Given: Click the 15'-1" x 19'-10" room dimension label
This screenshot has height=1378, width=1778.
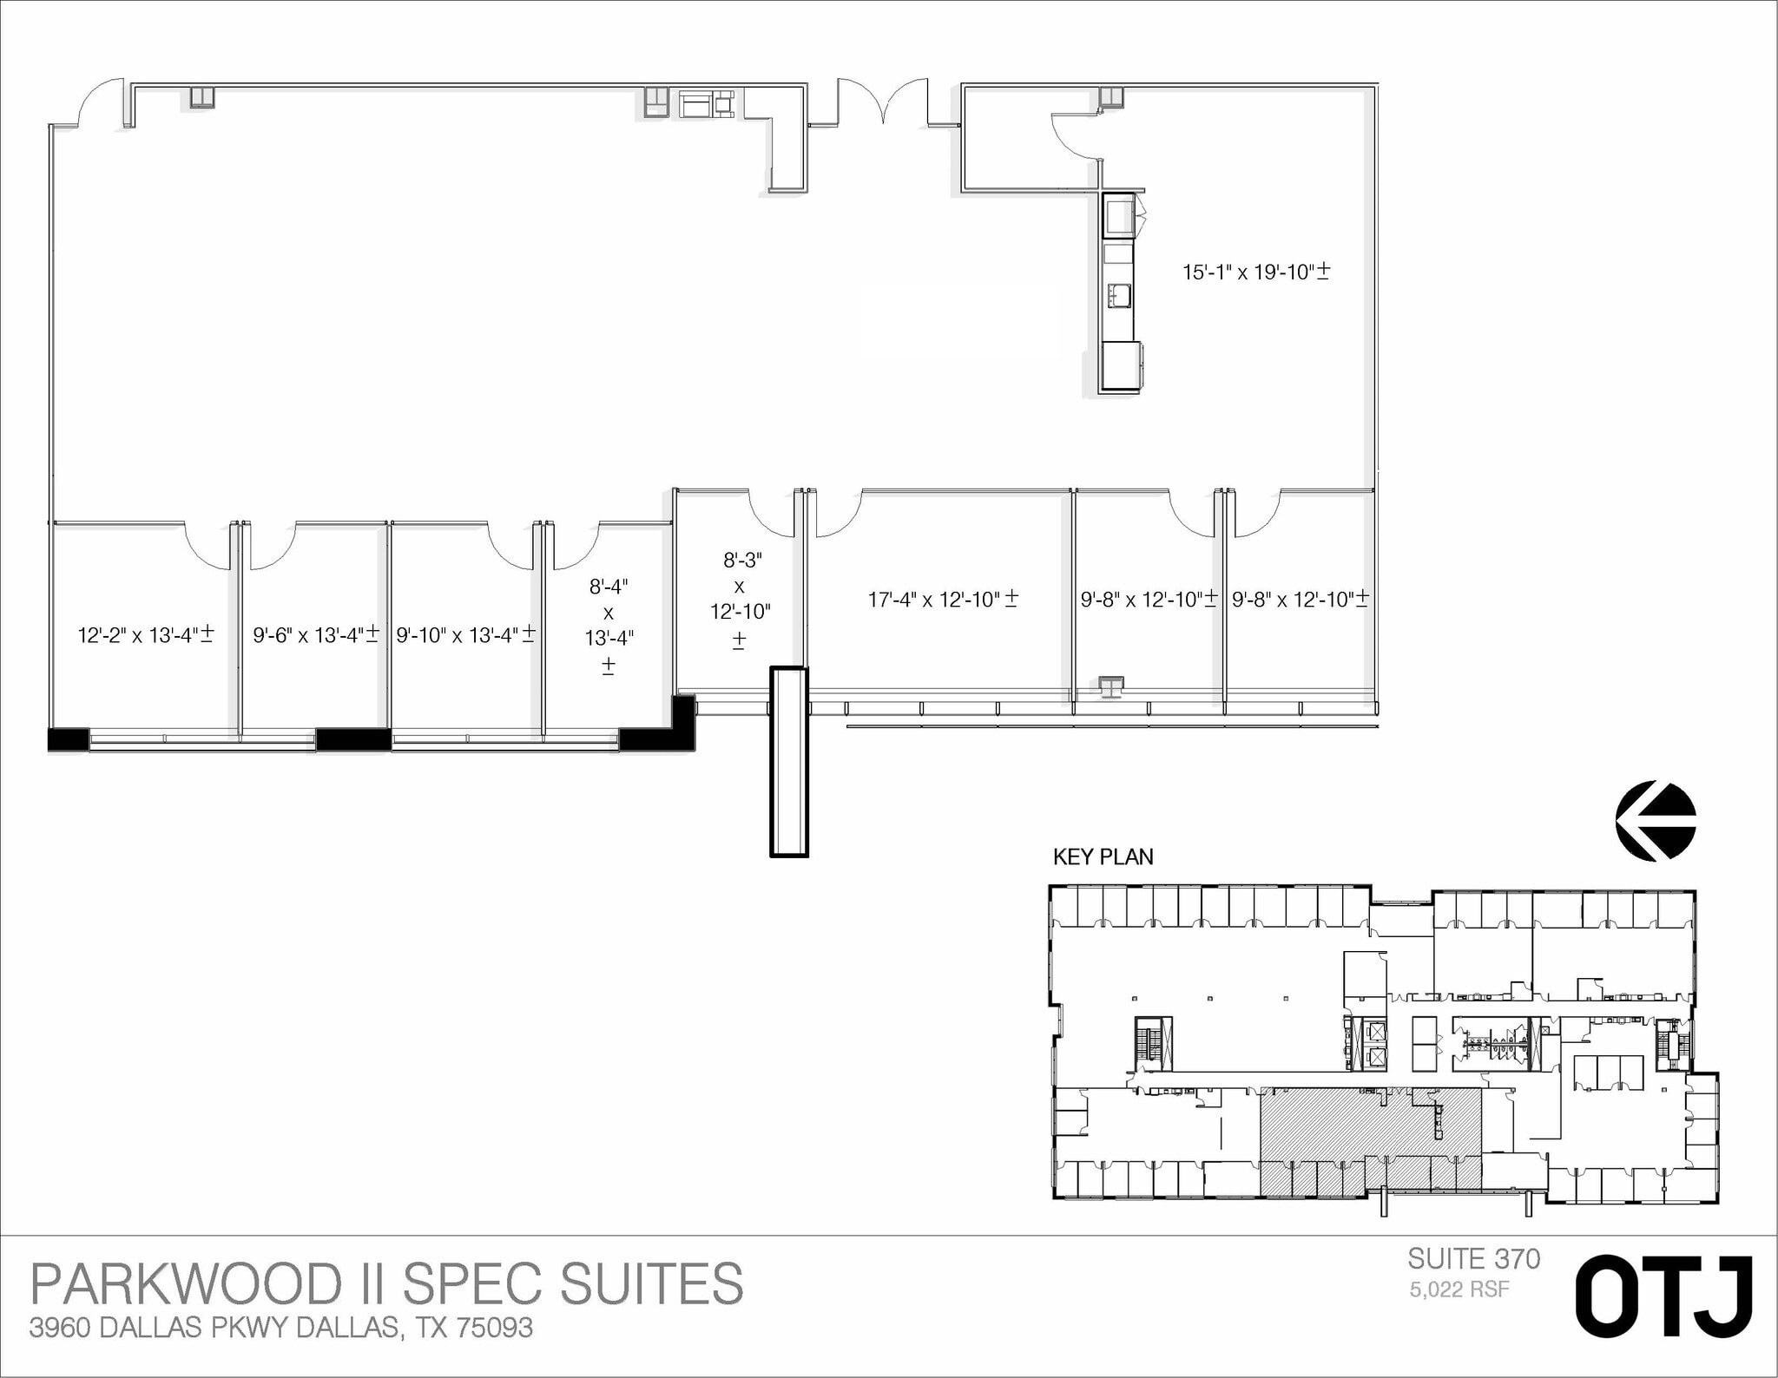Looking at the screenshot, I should [x=1255, y=272].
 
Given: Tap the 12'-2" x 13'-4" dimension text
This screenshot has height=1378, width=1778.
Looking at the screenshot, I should [x=146, y=635].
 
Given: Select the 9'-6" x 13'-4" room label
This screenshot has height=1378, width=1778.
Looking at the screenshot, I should [x=316, y=635].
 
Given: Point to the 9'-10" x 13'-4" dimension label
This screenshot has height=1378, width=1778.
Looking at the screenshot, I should [x=465, y=635].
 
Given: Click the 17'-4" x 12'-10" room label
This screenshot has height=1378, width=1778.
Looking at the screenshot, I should [x=943, y=600].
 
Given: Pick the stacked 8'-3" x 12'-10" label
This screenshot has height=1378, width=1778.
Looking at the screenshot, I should [x=740, y=600].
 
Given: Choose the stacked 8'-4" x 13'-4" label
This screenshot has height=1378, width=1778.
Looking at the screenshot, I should [x=609, y=625].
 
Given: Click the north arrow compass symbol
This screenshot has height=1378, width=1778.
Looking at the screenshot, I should [x=1655, y=821].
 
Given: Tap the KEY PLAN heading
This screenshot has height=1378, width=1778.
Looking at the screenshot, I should [x=1103, y=857].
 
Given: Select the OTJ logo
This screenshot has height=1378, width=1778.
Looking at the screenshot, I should [x=1663, y=1296].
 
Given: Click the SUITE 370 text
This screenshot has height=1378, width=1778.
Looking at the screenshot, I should [x=1473, y=1259].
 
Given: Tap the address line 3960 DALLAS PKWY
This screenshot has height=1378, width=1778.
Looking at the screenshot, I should [x=280, y=1328].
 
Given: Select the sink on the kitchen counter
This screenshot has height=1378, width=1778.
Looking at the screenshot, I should [x=1118, y=296].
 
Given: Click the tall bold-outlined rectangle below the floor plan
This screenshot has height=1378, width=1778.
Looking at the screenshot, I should [x=788, y=762].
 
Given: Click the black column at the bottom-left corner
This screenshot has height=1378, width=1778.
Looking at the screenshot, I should [x=68, y=739].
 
